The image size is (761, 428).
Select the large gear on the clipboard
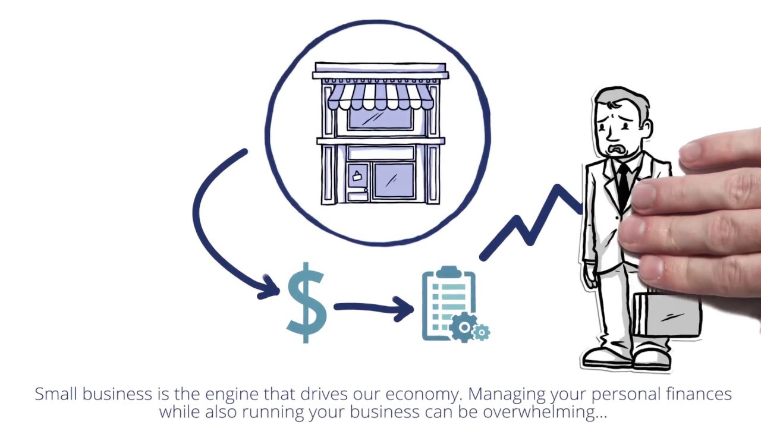coord(463,328)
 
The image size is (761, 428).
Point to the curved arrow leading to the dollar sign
coord(214,232)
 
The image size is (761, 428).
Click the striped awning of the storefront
coord(380,96)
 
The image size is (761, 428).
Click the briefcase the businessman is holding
coord(666,315)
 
